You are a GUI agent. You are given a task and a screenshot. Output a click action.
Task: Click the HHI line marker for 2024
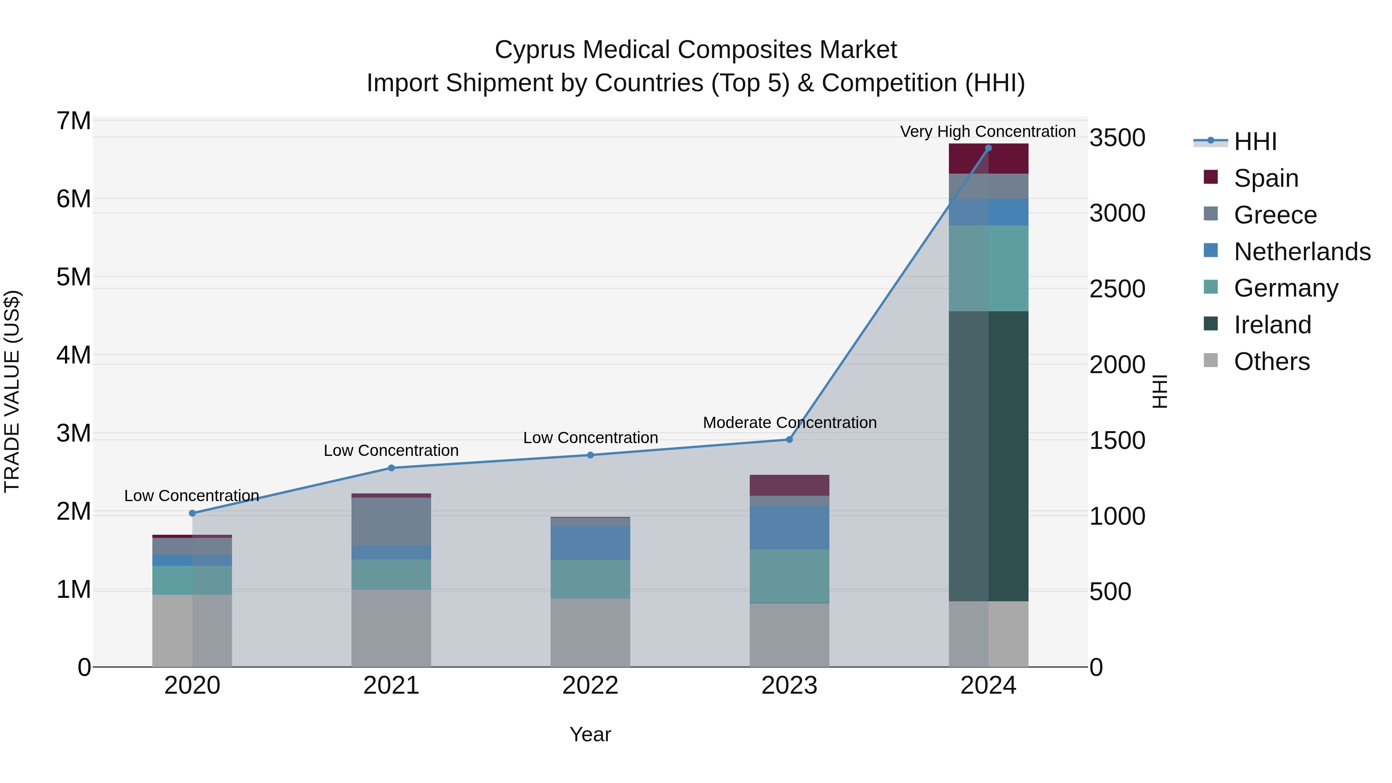[x=988, y=148]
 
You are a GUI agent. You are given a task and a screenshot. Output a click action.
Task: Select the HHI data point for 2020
[x=193, y=513]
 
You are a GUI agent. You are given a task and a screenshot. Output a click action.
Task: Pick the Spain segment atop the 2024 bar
[x=988, y=159]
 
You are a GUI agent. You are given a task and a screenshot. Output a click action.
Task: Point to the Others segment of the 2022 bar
[x=590, y=632]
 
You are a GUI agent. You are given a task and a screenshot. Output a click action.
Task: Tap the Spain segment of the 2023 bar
[x=789, y=485]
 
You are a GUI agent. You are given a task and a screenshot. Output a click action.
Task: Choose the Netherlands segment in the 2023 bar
[x=789, y=527]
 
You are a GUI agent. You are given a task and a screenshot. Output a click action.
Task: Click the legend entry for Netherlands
[x=1302, y=251]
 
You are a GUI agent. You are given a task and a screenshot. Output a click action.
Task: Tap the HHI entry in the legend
[x=1255, y=142]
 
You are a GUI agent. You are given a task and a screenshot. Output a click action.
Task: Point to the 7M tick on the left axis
[x=73, y=121]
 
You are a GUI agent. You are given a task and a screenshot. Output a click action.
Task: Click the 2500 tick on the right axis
[x=1116, y=288]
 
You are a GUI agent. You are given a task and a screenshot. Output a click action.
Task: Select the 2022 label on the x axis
[x=590, y=686]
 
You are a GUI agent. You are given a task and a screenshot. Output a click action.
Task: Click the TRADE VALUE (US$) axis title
[x=12, y=391]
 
